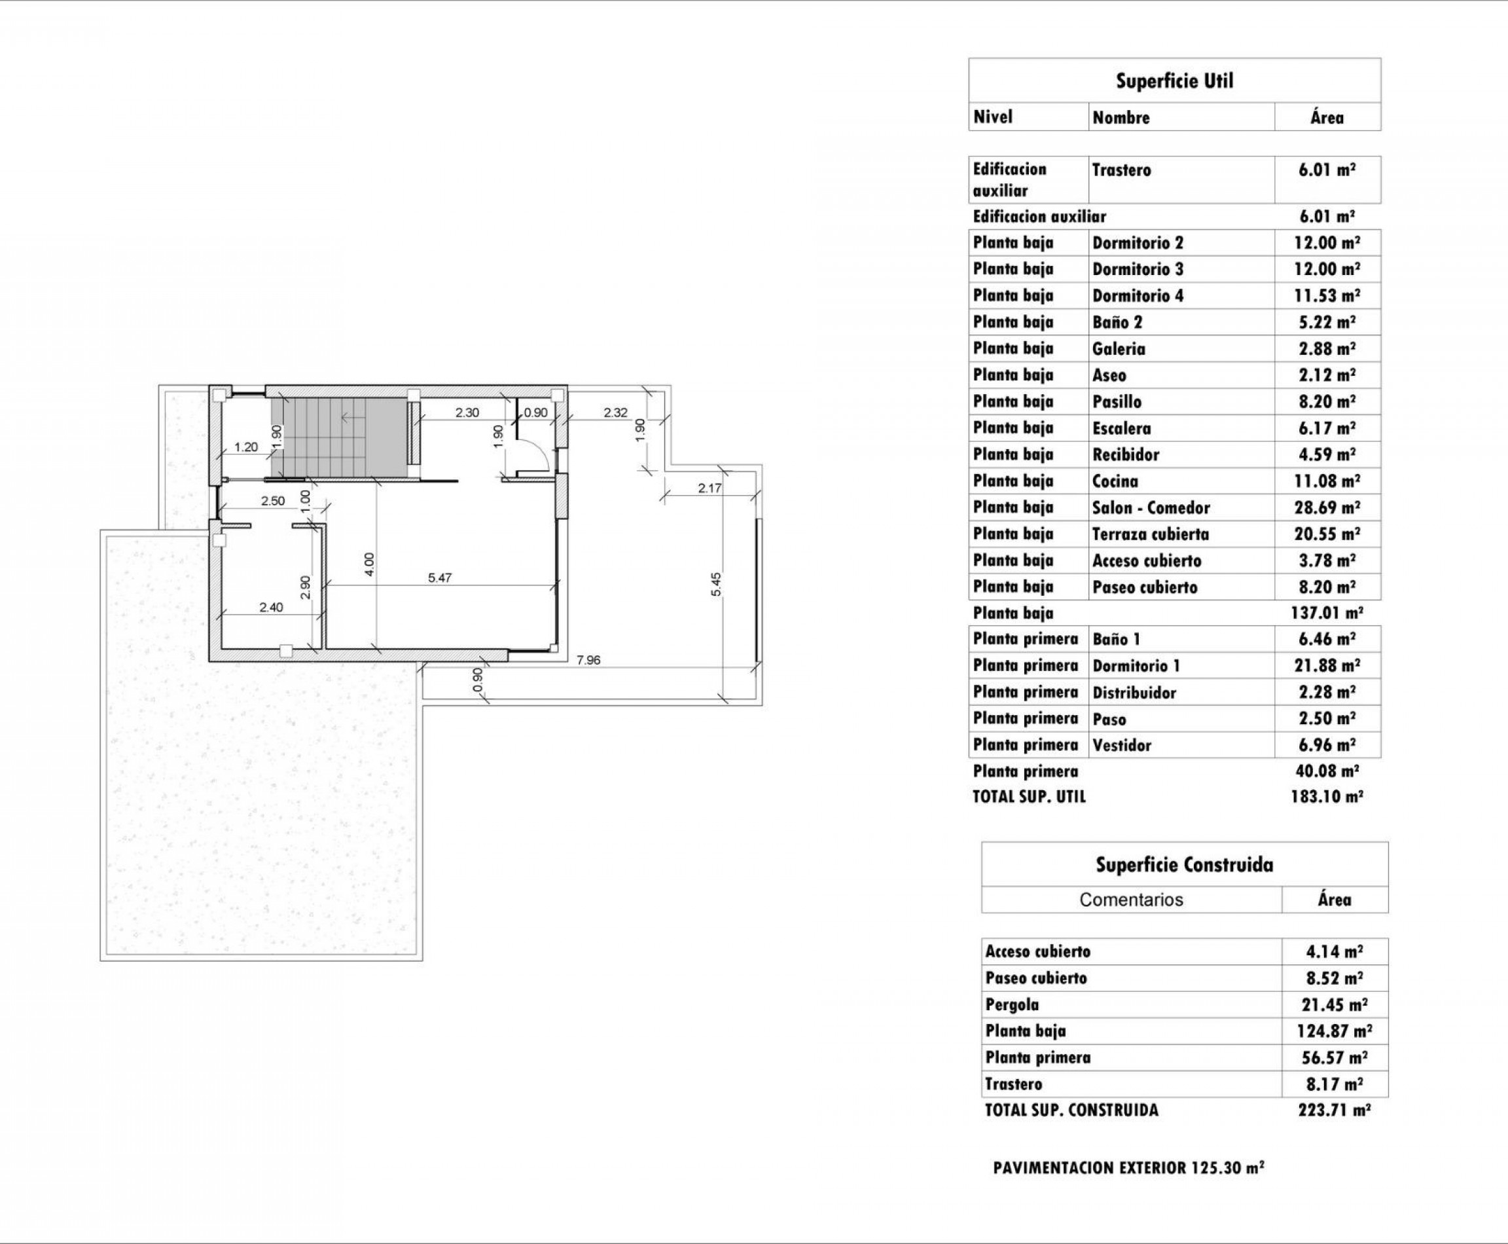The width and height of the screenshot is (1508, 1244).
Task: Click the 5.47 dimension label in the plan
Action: pyautogui.click(x=440, y=577)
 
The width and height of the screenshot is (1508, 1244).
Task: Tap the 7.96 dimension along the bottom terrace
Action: pyautogui.click(x=588, y=660)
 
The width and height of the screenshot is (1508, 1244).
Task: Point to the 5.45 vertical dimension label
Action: pyautogui.click(x=717, y=584)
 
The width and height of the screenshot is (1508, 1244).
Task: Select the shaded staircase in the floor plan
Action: pyautogui.click(x=336, y=437)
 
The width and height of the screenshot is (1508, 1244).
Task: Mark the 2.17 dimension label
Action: pyautogui.click(x=709, y=488)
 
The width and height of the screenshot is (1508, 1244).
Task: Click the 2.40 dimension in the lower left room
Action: pyautogui.click(x=271, y=607)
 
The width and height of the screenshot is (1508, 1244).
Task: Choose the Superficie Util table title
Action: pyautogui.click(x=1174, y=81)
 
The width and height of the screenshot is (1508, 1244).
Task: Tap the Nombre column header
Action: pyautogui.click(x=1121, y=117)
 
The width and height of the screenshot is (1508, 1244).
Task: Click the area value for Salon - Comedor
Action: pyautogui.click(x=1327, y=507)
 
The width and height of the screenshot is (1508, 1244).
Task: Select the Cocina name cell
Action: pyautogui.click(x=1115, y=481)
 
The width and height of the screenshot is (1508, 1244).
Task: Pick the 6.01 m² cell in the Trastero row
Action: pyautogui.click(x=1327, y=170)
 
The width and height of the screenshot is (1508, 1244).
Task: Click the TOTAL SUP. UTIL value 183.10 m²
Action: pyautogui.click(x=1326, y=796)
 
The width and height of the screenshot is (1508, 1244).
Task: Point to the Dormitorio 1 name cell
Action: pyautogui.click(x=1136, y=666)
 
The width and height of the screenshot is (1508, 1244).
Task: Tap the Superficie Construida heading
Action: pyautogui.click(x=1184, y=864)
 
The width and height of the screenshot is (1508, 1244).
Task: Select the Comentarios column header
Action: pyautogui.click(x=1131, y=900)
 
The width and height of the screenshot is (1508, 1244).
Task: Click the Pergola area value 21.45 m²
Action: pyautogui.click(x=1334, y=1004)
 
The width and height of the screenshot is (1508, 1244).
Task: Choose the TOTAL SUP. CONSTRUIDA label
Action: pyautogui.click(x=1071, y=1110)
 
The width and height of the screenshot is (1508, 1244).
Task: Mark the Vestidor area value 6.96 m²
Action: pyautogui.click(x=1327, y=744)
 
